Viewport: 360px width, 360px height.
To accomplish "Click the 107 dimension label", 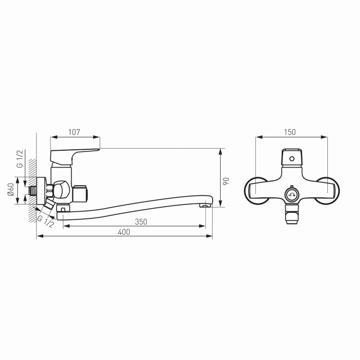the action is click(74, 132).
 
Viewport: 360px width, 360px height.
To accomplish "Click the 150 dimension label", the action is click(290, 132).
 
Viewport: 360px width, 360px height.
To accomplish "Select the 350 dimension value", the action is click(141, 222).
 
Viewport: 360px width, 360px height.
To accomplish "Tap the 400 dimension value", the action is click(124, 232).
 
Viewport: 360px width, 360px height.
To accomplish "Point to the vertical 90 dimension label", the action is click(226, 181).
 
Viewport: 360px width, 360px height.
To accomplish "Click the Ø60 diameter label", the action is click(11, 190).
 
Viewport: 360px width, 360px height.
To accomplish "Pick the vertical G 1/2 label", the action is click(20, 159).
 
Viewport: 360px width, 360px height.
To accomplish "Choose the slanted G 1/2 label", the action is click(46, 221).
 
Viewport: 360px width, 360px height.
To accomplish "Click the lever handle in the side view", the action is click(75, 156).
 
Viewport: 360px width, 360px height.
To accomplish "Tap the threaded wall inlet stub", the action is click(33, 191).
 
